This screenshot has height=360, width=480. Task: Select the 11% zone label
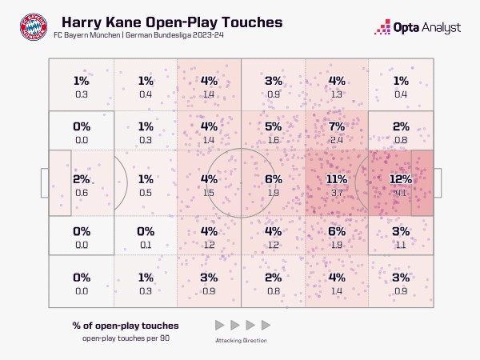point(337,179)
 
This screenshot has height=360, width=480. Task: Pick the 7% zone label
point(337,126)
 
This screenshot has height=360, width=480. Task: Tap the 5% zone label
point(273,126)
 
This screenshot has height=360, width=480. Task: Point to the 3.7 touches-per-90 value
point(337,193)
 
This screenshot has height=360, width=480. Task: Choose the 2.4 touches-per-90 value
point(337,140)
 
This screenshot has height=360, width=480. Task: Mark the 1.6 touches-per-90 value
point(273,140)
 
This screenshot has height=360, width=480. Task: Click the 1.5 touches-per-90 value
point(210,193)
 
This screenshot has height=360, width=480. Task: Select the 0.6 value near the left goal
point(81,193)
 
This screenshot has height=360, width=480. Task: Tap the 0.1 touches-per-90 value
point(146,245)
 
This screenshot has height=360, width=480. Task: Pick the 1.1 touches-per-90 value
point(401,245)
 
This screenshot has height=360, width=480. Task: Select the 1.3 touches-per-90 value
point(337,94)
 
